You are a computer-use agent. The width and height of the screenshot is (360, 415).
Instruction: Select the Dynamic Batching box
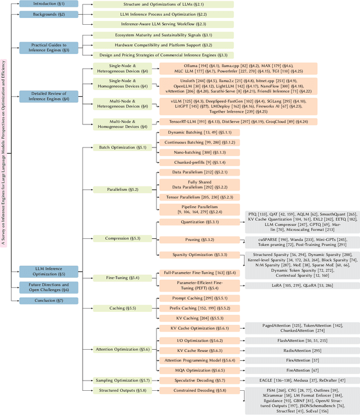(x=186, y=132)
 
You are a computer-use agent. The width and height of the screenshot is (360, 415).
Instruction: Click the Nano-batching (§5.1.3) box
(x=186, y=152)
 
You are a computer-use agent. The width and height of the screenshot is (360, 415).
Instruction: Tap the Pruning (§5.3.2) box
(x=186, y=239)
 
